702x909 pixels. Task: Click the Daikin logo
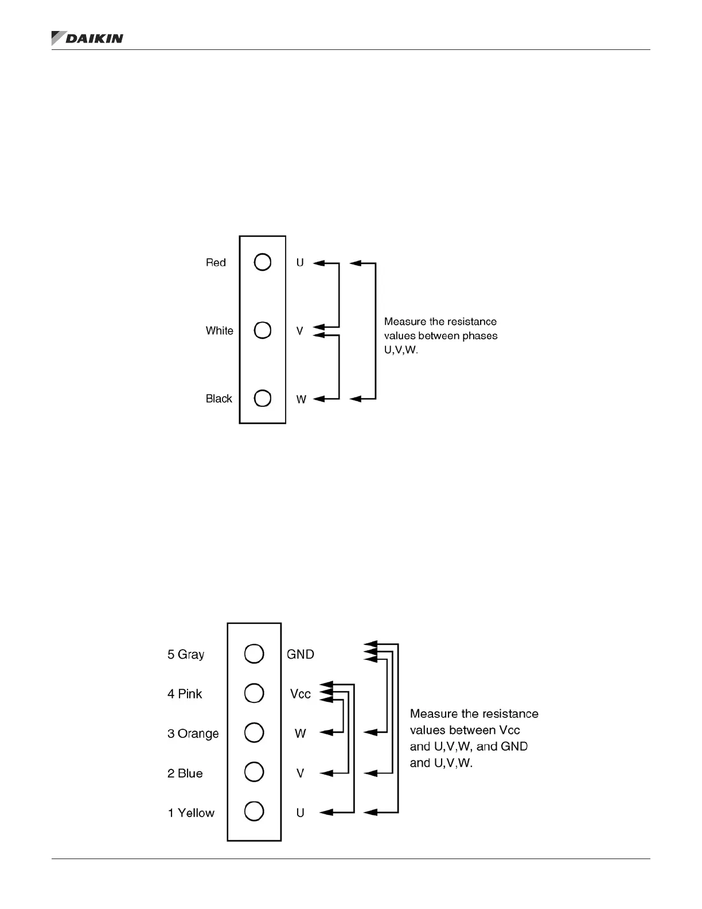[87, 38]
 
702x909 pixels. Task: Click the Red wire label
[216, 262]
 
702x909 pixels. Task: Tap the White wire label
[219, 331]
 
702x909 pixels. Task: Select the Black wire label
[219, 398]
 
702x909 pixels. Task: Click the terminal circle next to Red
[262, 262]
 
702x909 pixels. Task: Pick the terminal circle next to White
[262, 330]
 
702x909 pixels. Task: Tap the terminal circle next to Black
[262, 398]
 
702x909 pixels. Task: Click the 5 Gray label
[185, 654]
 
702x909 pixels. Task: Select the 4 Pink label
[185, 694]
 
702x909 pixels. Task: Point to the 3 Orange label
[193, 733]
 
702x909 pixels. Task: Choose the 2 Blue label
[185, 773]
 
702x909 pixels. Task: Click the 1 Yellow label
[190, 813]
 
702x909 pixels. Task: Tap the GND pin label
[300, 654]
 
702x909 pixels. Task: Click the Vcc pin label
[300, 694]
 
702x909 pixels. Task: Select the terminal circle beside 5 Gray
[254, 654]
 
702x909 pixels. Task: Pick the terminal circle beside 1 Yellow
[254, 811]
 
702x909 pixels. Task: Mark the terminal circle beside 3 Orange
[254, 733]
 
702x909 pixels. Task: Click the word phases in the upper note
[481, 336]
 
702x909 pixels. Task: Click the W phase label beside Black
[301, 399]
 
